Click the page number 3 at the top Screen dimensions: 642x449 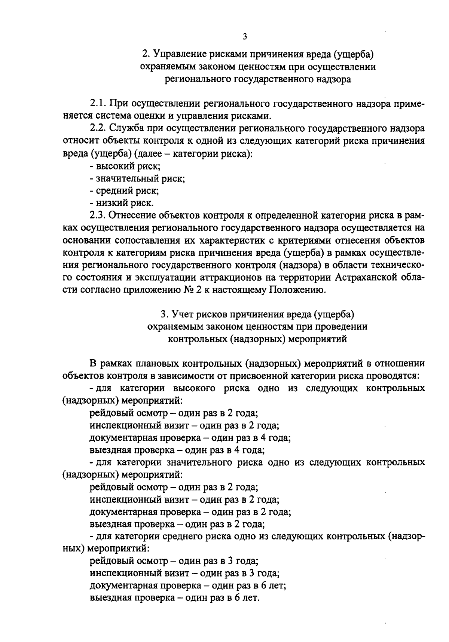point(245,36)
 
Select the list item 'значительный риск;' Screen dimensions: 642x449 point(138,178)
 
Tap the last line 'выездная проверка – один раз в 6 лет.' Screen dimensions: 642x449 point(175,598)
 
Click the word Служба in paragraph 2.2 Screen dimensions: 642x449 point(126,128)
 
